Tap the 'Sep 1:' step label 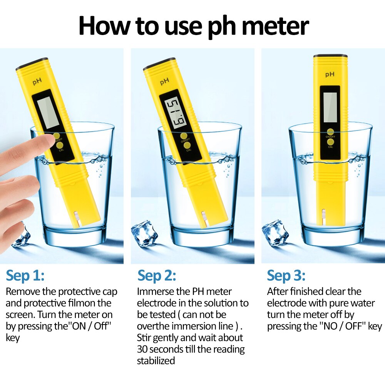(25, 276)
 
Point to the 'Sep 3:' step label (286, 276)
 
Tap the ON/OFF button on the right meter (330, 132)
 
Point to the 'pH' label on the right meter (330, 74)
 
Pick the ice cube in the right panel (275, 232)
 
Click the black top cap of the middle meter (157, 64)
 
